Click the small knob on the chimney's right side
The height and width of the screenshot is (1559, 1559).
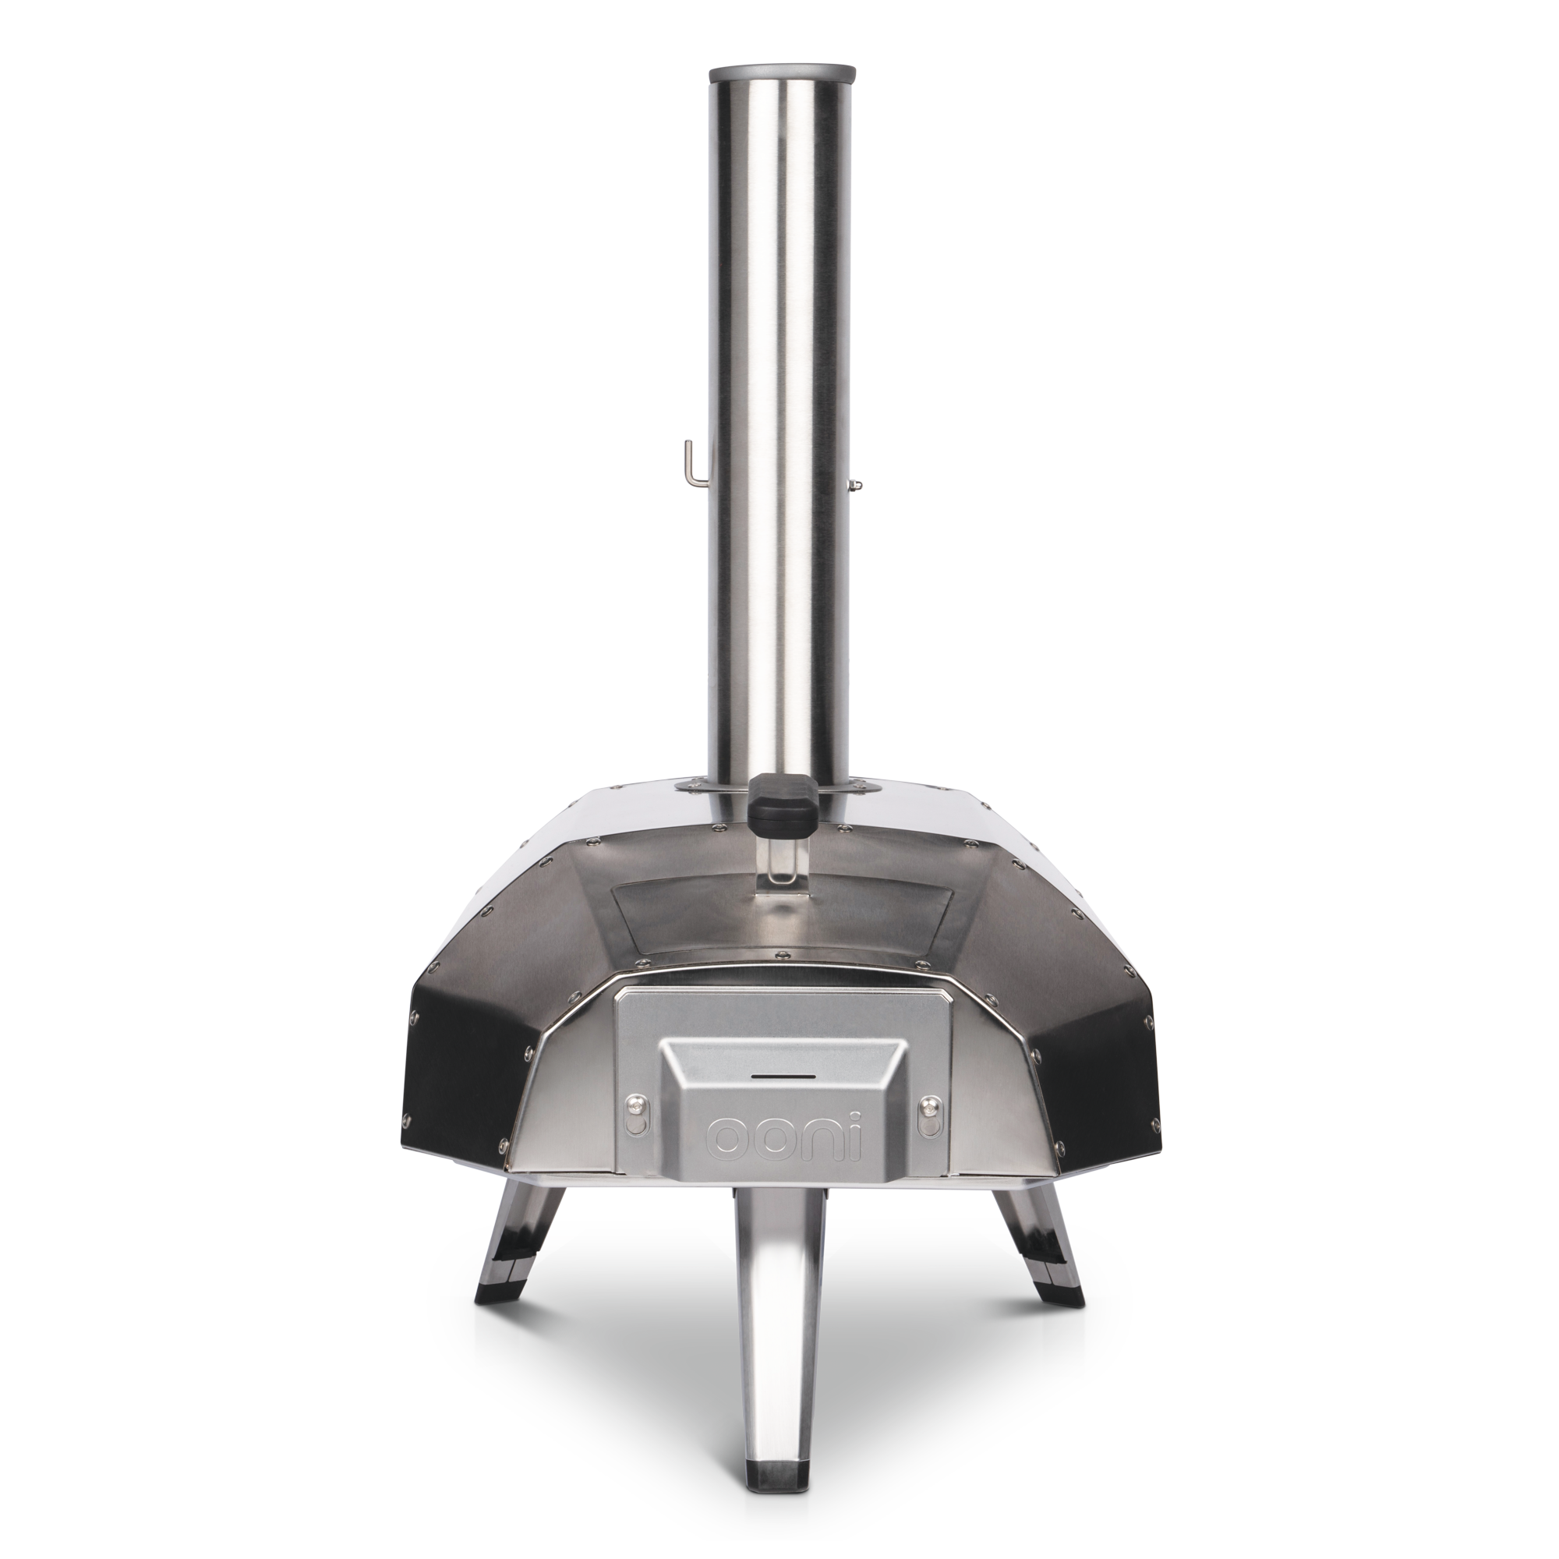855,483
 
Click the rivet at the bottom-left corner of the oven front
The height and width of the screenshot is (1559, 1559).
504,1145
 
